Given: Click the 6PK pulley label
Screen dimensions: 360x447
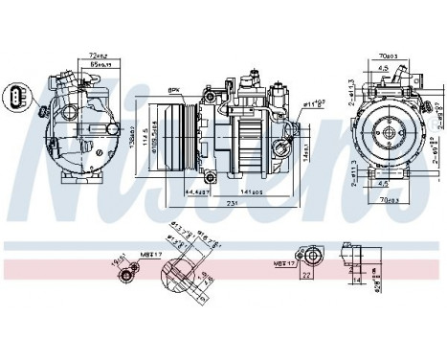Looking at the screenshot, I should pos(174,90).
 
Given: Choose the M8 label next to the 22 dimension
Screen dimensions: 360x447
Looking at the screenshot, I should pos(281,260).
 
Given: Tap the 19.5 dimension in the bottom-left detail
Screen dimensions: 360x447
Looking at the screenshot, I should pos(118,259).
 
